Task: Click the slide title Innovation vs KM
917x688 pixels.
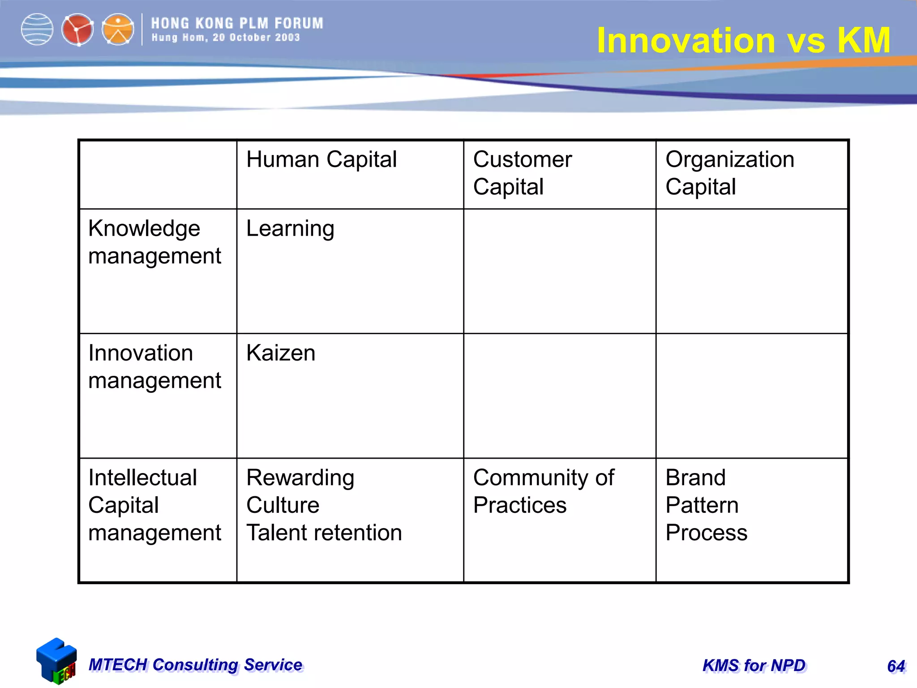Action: click(x=743, y=40)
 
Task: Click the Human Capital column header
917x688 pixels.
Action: click(x=321, y=159)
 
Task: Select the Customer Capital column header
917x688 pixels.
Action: click(x=522, y=173)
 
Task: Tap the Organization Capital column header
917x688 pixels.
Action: click(x=729, y=173)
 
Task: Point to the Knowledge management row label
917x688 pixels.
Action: click(x=154, y=242)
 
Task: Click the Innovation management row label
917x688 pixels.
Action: click(x=154, y=366)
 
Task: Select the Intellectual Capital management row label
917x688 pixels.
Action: click(x=154, y=505)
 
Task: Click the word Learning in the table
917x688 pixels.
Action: click(x=290, y=229)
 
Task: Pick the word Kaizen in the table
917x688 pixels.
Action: click(x=281, y=353)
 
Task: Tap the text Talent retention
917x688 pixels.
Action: click(x=324, y=533)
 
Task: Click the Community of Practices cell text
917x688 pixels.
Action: click(x=543, y=491)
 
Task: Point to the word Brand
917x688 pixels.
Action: click(x=695, y=477)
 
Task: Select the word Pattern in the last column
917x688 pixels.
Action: click(x=702, y=505)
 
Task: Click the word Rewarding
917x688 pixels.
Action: click(x=300, y=477)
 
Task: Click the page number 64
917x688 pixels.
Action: click(x=896, y=666)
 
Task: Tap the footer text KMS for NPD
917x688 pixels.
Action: click(x=754, y=666)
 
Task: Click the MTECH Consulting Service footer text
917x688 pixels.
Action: click(x=196, y=665)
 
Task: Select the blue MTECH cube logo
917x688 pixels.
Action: click(x=56, y=661)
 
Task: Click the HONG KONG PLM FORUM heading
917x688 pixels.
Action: click(x=237, y=23)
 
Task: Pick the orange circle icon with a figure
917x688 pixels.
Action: click(x=118, y=30)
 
